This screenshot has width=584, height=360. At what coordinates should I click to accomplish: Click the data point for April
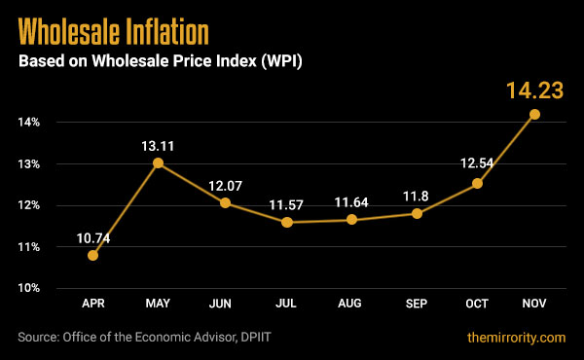coord(93,255)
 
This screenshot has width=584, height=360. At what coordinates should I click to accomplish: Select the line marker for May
coord(158,163)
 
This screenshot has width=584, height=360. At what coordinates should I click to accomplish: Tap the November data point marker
coord(534,114)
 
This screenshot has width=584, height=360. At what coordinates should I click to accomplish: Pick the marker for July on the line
coord(286,222)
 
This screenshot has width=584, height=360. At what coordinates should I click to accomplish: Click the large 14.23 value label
coord(534,91)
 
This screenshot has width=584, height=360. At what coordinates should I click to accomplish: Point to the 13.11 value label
coord(158,144)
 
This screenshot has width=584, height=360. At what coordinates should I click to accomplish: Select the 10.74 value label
coord(93,235)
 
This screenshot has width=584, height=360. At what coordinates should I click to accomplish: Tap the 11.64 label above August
coord(350,201)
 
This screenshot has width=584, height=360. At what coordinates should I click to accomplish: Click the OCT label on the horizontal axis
coord(477,306)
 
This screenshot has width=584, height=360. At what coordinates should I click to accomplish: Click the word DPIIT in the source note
coord(275,338)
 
